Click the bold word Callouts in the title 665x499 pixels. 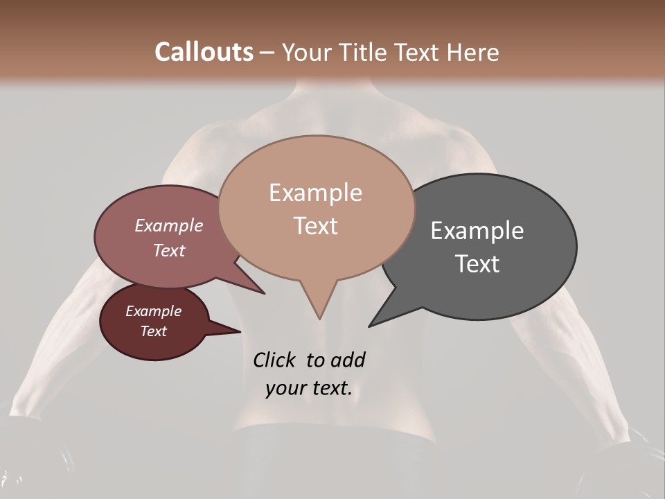tap(204, 53)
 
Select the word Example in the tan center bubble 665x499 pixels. tap(315, 193)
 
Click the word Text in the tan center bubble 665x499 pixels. tap(315, 226)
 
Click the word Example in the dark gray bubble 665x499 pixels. tap(477, 231)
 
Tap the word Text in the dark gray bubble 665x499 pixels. tap(477, 264)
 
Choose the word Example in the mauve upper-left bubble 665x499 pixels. tap(168, 226)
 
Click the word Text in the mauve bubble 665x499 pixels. tap(168, 250)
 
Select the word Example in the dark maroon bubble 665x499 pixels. tap(153, 311)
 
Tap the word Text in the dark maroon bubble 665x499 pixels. tap(153, 331)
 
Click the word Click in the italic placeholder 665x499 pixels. tap(275, 360)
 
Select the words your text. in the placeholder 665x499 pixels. tap(308, 389)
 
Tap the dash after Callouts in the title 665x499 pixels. tap(267, 53)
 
